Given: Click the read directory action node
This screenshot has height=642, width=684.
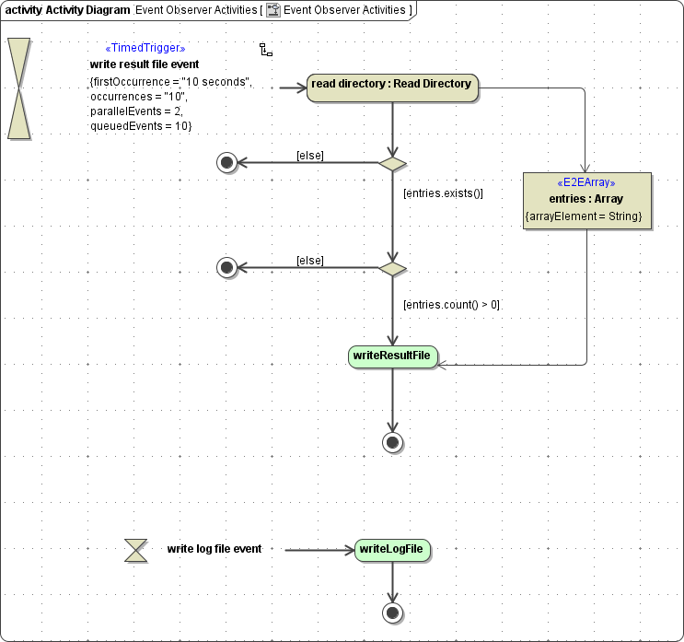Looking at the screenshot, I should pos(392,86).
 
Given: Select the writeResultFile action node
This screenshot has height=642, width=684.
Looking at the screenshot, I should pos(392,356).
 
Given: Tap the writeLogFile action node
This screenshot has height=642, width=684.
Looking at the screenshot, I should pos(392,550).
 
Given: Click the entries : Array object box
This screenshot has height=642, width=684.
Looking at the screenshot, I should pos(586,200).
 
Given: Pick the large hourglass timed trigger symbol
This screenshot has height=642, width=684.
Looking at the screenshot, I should pos(19,88).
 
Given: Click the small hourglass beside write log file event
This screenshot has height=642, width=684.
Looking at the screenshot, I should pos(136,551).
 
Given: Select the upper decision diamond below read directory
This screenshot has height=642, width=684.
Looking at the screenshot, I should pos(392,163).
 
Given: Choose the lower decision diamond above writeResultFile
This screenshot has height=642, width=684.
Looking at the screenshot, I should pos(392,268).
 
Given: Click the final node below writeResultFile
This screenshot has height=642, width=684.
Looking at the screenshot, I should pos(392,443).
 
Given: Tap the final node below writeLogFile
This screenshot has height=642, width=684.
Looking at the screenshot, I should pos(392,613).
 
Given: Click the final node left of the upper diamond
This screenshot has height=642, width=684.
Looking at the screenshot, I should pos(226,163).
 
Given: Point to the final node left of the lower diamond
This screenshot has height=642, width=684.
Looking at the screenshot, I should pos(226,268).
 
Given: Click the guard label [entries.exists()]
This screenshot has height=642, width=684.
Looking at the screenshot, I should pos(443,193).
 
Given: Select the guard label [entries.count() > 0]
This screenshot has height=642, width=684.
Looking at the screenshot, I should pos(451,305).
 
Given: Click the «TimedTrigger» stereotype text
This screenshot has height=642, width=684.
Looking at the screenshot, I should pos(145,48).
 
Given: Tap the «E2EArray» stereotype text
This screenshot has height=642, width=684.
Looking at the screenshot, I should pos(586,182).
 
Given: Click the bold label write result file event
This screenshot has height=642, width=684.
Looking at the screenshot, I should pos(144,64).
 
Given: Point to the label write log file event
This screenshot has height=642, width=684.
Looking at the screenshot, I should pos(214,549).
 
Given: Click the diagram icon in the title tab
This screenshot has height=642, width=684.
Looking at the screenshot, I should pos(273,10).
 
